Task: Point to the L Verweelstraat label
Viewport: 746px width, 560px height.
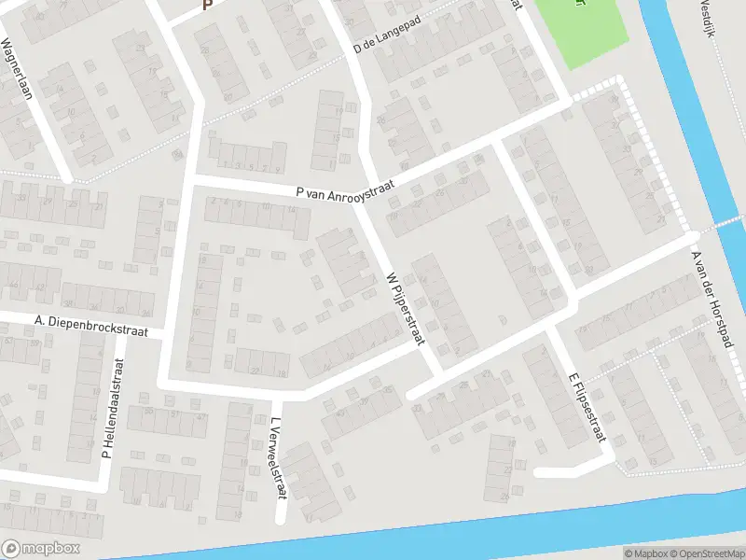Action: tap(276, 456)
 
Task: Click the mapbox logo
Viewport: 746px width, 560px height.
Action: tap(41, 549)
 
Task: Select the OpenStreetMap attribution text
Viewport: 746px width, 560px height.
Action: tap(707, 553)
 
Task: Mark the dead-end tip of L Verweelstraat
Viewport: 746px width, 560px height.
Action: tap(280, 519)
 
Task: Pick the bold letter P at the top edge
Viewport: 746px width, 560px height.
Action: tap(207, 5)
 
